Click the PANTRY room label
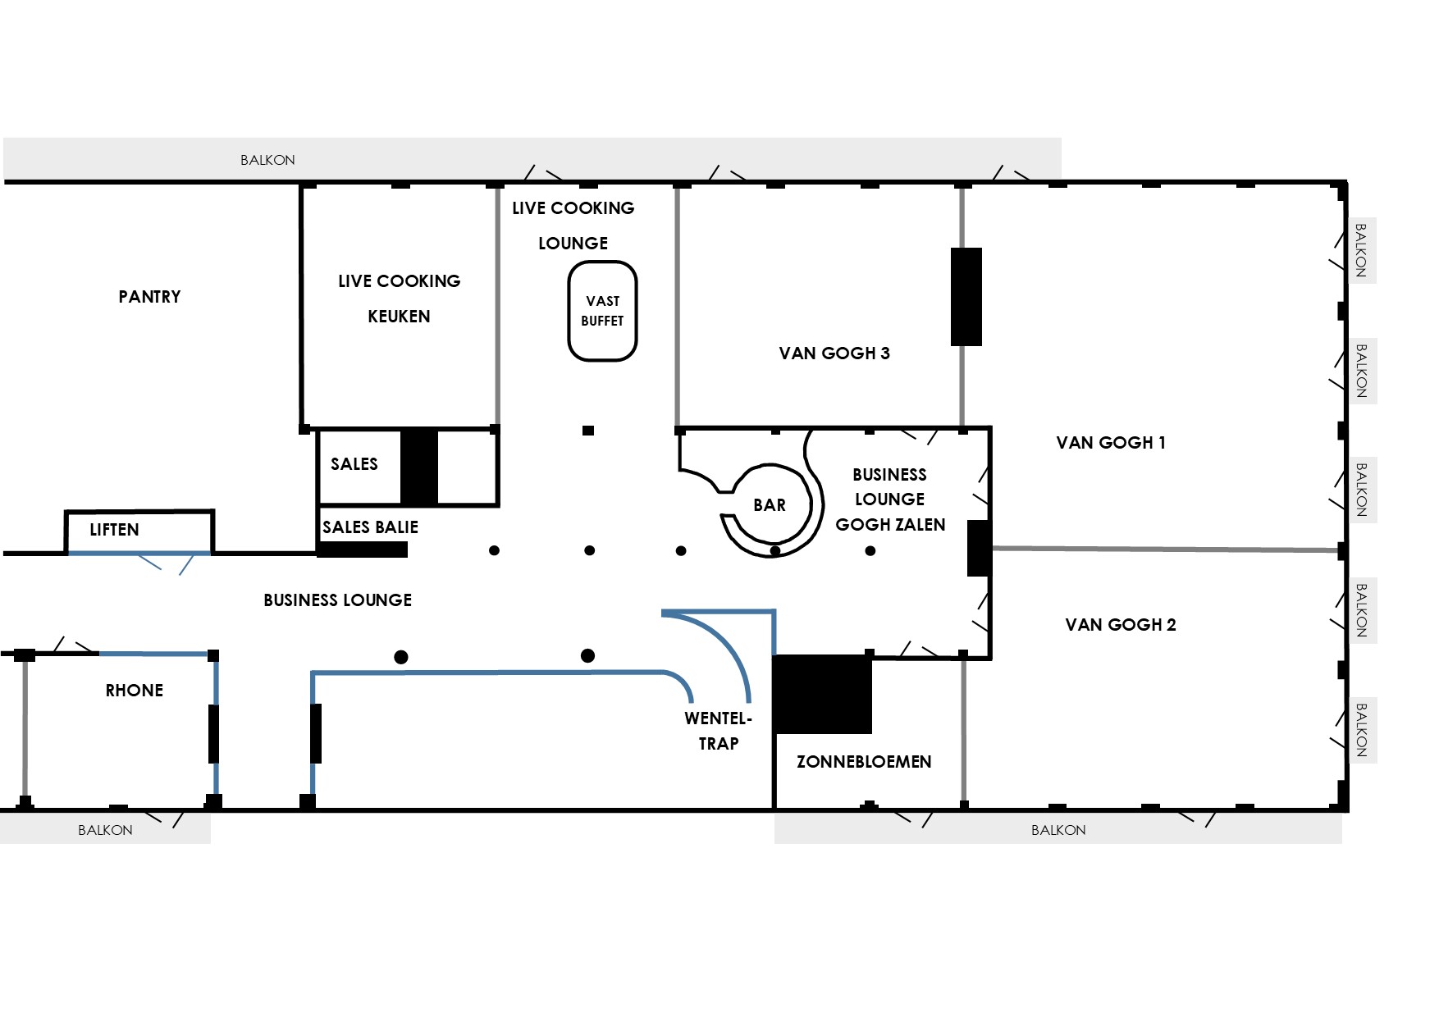149,297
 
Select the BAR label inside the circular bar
770,505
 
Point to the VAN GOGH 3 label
834,353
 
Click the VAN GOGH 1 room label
1111,443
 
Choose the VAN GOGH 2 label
1121,625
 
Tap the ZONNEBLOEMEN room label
864,762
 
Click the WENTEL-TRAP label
719,731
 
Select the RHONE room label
135,691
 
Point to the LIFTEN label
114,530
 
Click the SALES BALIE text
370,527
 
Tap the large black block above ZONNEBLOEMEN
823,694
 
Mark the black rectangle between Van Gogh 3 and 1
966,297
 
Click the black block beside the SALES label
419,467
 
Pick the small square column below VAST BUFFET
588,431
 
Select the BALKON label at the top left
267,160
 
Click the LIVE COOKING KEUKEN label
400,299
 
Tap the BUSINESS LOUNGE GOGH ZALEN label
890,499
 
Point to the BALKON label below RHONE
105,830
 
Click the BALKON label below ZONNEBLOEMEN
1058,830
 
